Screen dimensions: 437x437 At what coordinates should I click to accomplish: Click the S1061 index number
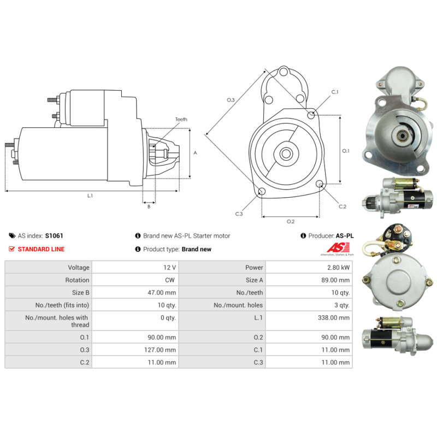point(55,236)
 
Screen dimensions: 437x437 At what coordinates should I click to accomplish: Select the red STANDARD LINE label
point(41,249)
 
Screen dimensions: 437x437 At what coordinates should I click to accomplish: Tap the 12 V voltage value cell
point(170,268)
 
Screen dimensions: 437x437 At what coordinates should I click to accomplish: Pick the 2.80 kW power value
point(338,268)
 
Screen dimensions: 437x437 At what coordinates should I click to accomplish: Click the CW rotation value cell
point(170,280)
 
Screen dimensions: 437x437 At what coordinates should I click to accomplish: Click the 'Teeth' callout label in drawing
point(181,119)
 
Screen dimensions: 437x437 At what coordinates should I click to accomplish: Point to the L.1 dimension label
point(90,196)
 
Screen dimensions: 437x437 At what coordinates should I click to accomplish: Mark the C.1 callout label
point(334,92)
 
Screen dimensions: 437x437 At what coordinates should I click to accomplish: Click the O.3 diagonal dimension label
point(231,100)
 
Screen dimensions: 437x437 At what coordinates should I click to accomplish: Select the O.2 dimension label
point(291,221)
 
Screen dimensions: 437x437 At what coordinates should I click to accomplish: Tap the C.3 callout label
point(239,214)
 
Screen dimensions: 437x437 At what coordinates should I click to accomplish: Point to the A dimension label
point(195,153)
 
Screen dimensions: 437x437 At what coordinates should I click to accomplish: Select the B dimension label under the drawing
point(148,206)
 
